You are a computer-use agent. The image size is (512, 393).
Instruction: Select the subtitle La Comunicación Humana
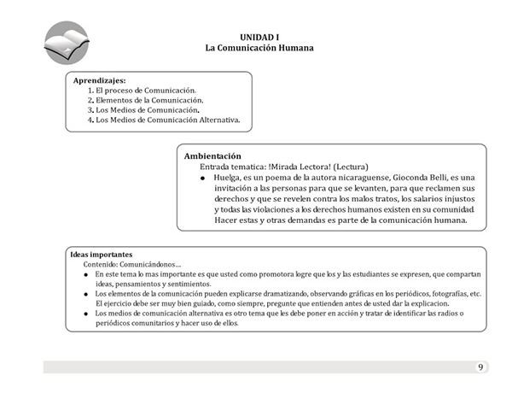pyautogui.click(x=259, y=48)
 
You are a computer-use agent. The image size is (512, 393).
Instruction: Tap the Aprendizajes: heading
pyautogui.click(x=100, y=79)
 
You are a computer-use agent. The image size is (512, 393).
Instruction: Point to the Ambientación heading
pyautogui.click(x=212, y=156)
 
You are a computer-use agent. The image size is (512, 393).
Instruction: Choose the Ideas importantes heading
pyautogui.click(x=101, y=255)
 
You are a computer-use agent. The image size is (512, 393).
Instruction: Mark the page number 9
pyautogui.click(x=480, y=367)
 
